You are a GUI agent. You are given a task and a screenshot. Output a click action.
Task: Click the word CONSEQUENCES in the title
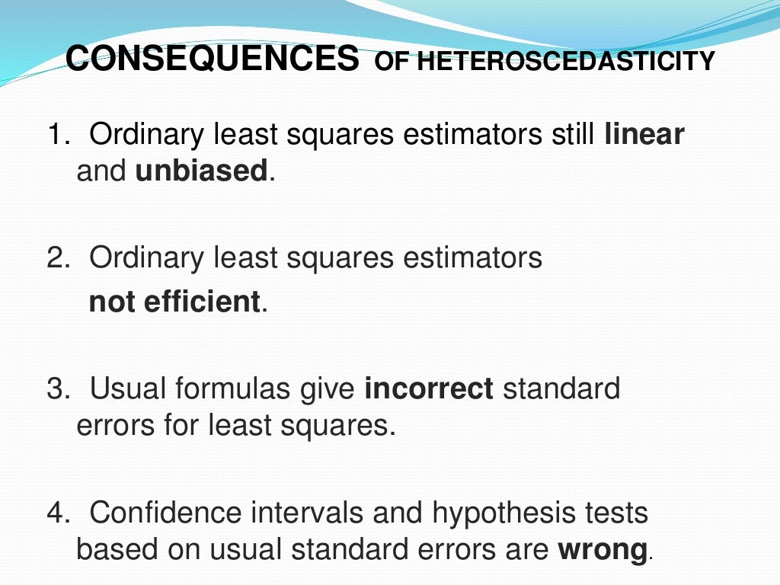213,59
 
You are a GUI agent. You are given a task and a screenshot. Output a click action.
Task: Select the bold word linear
644,135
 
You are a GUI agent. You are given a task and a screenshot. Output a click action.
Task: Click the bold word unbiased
201,171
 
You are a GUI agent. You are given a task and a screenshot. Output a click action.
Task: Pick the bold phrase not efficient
175,302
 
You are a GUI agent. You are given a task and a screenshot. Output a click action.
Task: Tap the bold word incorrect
430,388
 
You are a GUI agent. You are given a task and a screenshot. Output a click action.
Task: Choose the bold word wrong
603,549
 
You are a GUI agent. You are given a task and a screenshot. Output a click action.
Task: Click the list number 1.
57,136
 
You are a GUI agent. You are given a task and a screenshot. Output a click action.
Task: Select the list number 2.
57,259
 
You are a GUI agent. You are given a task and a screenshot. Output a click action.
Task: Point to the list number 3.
57,389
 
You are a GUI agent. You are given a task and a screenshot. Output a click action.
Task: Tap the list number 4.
57,513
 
